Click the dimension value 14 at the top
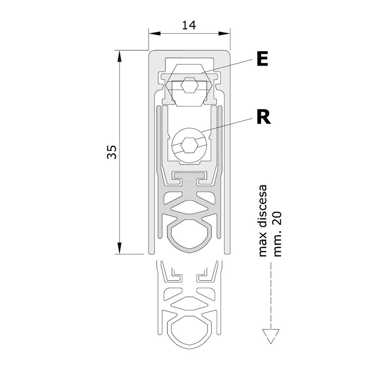(x=189, y=25)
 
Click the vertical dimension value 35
(x=112, y=152)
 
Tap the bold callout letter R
(x=263, y=117)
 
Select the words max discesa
(x=262, y=221)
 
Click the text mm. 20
(x=277, y=234)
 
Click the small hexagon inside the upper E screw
(x=189, y=85)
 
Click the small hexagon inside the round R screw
(x=189, y=145)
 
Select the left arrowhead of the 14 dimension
(x=154, y=33)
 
